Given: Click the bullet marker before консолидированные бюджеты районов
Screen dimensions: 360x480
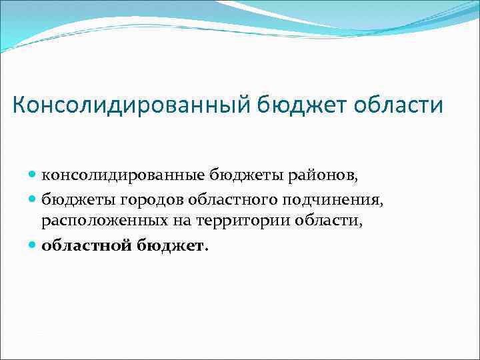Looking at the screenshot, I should click(x=33, y=175).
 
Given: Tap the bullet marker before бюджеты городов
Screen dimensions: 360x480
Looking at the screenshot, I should click(x=33, y=199).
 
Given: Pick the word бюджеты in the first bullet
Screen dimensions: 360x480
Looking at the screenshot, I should click(x=243, y=175).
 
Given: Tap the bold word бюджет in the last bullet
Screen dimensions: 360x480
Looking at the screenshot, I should click(x=173, y=245).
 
